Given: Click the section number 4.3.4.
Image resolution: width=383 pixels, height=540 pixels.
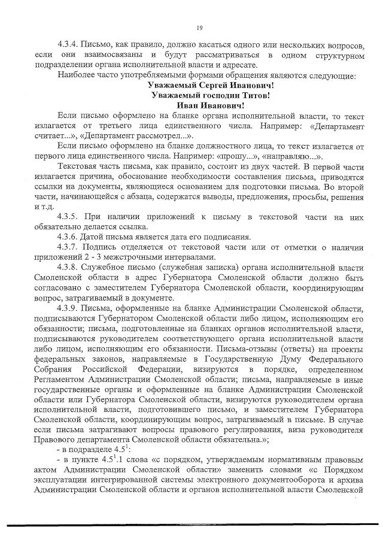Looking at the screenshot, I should pos(70,45).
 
